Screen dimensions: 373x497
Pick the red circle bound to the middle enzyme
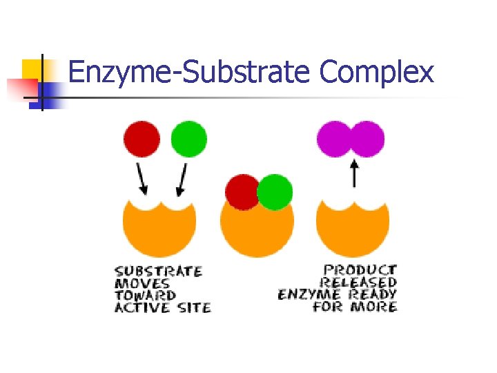[x=242, y=191]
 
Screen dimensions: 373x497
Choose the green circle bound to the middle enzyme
[x=275, y=192]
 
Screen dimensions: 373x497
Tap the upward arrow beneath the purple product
[x=354, y=173]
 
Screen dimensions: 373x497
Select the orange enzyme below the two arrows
[x=159, y=226]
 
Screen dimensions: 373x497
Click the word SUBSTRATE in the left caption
[x=158, y=271]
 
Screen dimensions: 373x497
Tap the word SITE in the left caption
[x=195, y=307]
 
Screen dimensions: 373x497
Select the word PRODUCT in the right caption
[x=361, y=270]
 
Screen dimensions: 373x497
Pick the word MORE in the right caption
[x=375, y=306]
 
